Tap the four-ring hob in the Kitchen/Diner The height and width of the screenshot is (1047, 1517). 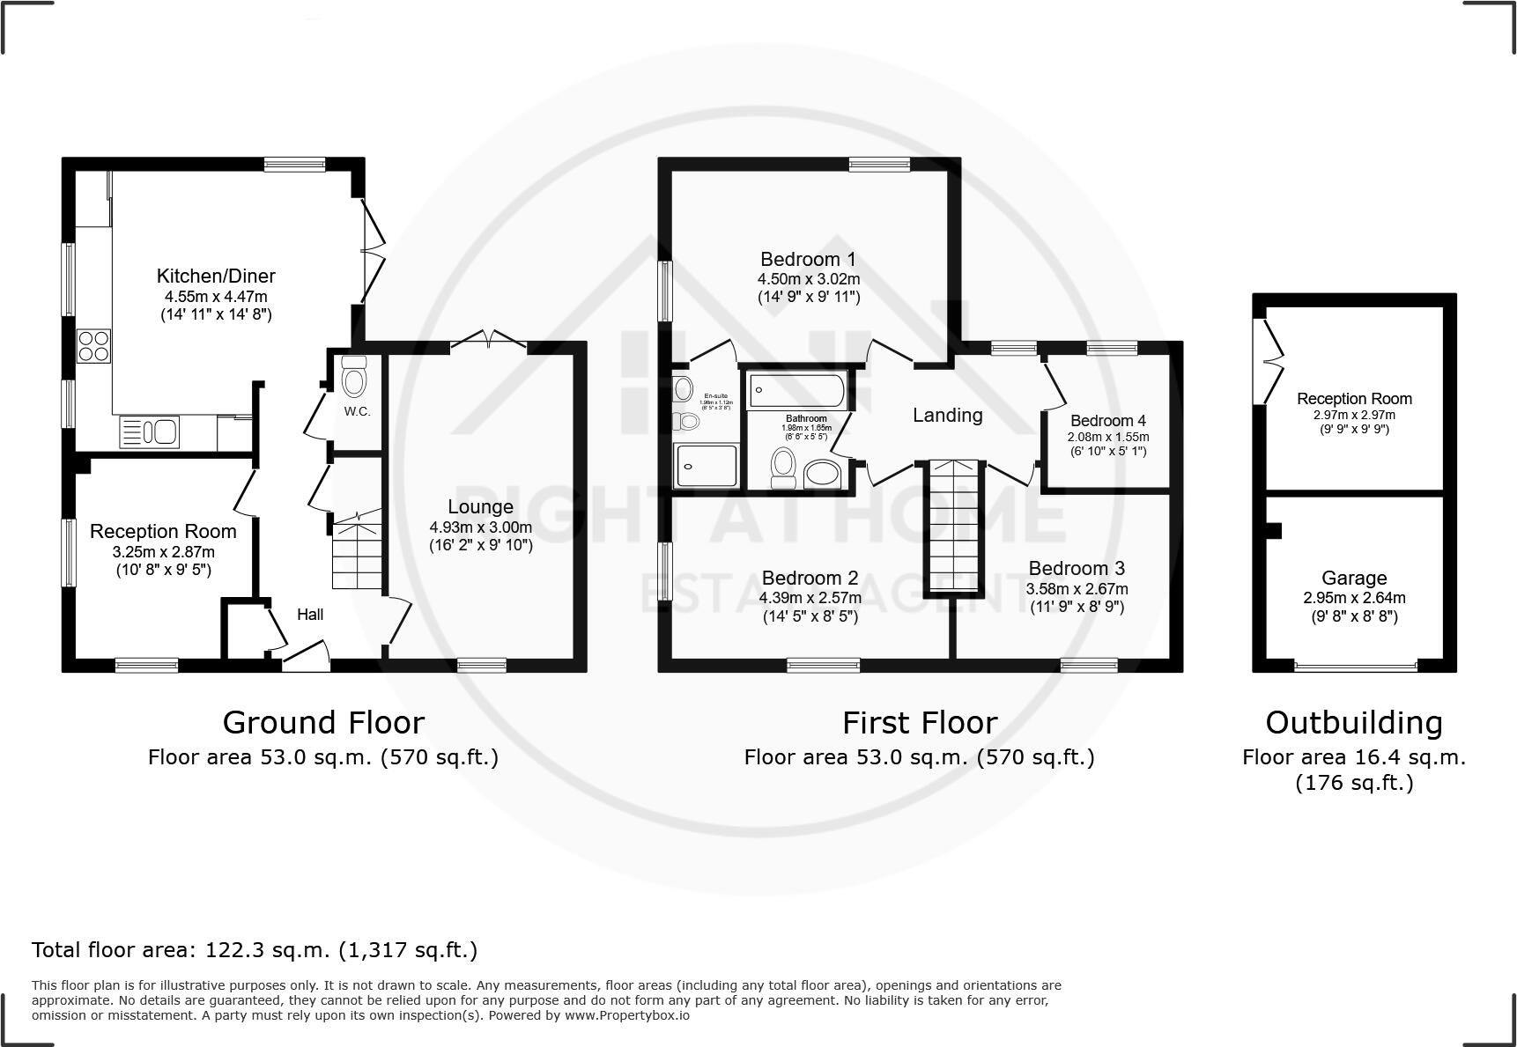(x=94, y=344)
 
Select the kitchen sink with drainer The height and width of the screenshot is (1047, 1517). (x=150, y=431)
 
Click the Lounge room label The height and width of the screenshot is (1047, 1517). (x=480, y=507)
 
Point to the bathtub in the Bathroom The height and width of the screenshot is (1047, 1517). (x=797, y=390)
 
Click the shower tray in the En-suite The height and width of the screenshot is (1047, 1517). (x=706, y=466)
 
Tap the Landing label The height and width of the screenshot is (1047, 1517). (x=947, y=415)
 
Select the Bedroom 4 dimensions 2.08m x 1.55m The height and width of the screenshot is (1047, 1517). (x=1107, y=437)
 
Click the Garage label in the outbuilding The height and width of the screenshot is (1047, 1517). (x=1354, y=579)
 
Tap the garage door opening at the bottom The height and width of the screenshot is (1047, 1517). (x=1355, y=667)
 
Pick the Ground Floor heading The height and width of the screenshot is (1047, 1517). (x=323, y=723)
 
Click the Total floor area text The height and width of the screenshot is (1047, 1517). (x=255, y=950)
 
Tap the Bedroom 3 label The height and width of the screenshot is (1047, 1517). (x=1077, y=569)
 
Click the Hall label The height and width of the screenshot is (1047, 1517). (x=310, y=615)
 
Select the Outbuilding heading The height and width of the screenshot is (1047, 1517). (x=1354, y=723)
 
